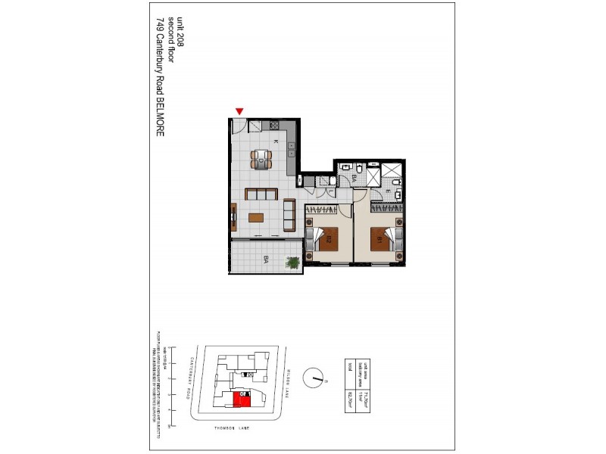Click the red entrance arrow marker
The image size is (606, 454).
[x=239, y=112]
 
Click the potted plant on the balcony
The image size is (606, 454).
[x=292, y=263]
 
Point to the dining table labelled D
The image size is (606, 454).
[x=261, y=159]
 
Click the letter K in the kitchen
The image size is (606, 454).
[x=276, y=141]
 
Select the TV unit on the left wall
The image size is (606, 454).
[x=233, y=218]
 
